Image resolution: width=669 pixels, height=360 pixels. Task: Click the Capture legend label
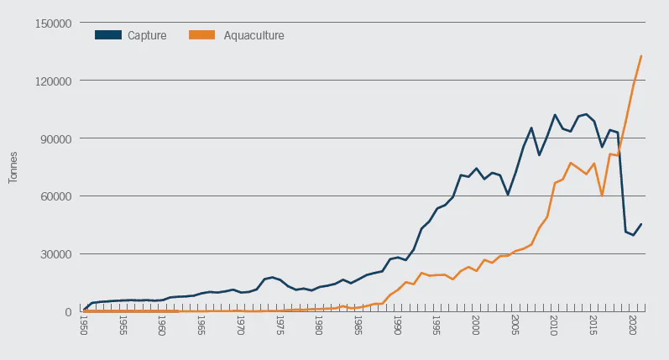147,35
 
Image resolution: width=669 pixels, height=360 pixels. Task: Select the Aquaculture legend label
253,35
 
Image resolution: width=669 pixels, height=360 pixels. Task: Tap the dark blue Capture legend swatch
108,35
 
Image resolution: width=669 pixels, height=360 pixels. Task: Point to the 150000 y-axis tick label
55,23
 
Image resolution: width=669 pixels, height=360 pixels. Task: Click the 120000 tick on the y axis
55,81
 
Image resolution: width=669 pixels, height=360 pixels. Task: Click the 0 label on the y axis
70,312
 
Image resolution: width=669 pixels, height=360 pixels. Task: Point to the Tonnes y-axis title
13,168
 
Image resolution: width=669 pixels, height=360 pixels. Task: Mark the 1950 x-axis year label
84,326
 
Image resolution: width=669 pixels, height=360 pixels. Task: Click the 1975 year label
280,326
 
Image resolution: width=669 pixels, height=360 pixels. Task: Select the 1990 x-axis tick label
398,326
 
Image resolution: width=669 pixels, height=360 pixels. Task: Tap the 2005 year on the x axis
515,326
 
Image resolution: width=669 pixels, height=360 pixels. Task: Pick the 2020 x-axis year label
633,326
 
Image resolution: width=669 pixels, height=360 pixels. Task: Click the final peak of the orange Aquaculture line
641,56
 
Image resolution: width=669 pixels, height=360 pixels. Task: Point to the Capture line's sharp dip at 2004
507,195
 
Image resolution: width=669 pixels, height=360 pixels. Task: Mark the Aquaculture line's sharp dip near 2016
602,196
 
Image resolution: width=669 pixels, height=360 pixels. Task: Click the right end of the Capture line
641,224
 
